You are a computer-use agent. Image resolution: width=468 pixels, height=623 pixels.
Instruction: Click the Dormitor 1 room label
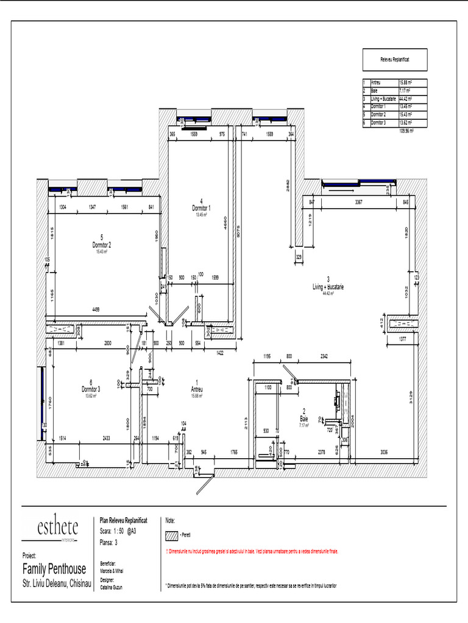pos(200,208)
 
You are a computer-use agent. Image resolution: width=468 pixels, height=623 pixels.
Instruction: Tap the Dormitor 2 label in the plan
pos(101,245)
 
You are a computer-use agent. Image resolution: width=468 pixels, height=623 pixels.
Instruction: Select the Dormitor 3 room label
pos(91,389)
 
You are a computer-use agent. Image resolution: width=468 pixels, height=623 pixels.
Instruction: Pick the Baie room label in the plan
pos(303,419)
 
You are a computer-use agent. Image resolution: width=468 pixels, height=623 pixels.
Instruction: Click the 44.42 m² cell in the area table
pos(405,99)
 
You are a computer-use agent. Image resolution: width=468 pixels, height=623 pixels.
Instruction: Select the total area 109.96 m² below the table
pos(405,130)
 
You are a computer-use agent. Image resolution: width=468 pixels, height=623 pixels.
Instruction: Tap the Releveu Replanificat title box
pos(395,60)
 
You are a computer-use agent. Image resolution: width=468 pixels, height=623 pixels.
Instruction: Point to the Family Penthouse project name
pos(54,569)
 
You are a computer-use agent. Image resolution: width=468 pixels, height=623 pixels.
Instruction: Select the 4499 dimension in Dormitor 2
pos(96,309)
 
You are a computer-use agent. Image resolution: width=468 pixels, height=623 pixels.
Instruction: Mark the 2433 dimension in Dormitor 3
pos(106,438)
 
